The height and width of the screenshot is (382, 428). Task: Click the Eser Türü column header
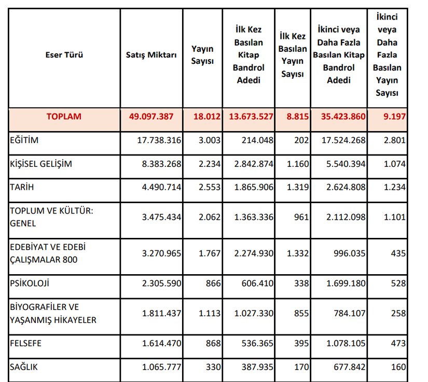pyautogui.click(x=64, y=54)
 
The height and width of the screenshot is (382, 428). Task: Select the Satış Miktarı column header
pyautogui.click(x=151, y=54)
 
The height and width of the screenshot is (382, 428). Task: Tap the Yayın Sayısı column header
pyautogui.click(x=202, y=54)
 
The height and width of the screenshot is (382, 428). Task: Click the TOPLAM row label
pyautogui.click(x=64, y=116)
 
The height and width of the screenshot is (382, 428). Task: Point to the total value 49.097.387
pyautogui.click(x=155, y=116)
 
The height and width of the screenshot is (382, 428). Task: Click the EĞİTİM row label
pyautogui.click(x=24, y=140)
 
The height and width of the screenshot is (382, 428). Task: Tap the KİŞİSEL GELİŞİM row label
pyautogui.click(x=41, y=164)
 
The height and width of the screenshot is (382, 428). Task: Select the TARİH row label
pyautogui.click(x=22, y=187)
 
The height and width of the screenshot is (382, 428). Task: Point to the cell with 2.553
pyautogui.click(x=211, y=187)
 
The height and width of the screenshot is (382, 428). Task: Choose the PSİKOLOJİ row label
pyautogui.click(x=30, y=284)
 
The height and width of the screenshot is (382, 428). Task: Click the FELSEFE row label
pyautogui.click(x=26, y=343)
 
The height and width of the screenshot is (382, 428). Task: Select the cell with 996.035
pyautogui.click(x=348, y=253)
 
